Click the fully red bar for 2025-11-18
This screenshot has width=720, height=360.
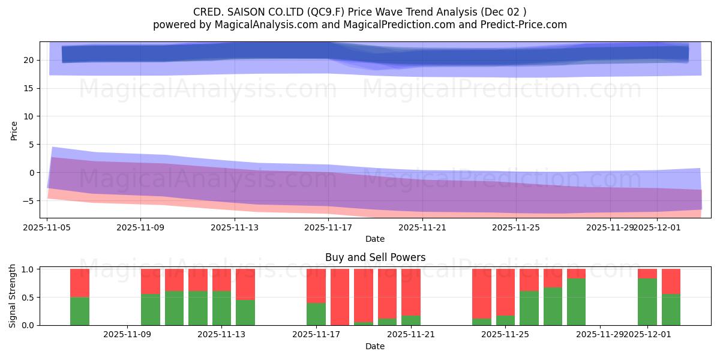(340, 297)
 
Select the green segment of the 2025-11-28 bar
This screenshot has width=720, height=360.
(576, 302)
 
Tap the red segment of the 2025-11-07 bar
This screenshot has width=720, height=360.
(80, 283)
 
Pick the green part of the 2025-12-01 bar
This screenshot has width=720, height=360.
(647, 302)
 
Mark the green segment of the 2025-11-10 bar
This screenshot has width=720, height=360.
(151, 310)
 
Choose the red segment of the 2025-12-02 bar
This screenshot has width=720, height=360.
(671, 281)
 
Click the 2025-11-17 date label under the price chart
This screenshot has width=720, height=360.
(328, 227)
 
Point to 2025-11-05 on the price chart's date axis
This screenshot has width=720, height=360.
(47, 227)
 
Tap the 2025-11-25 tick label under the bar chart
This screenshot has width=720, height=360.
(506, 334)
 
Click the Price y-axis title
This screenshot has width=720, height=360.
(14, 130)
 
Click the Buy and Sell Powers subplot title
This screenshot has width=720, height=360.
(375, 257)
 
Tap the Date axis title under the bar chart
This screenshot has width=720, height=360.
(375, 346)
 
